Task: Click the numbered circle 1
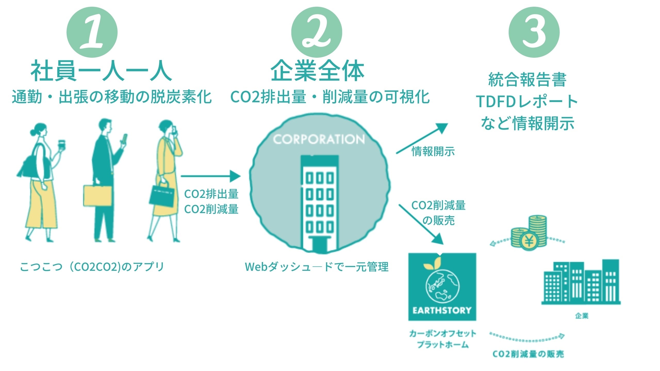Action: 92,32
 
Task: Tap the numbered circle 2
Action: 317,32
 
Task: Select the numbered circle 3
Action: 534,32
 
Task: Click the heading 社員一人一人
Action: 101,71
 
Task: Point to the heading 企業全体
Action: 317,71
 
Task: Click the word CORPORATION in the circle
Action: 319,139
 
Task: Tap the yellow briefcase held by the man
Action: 97,196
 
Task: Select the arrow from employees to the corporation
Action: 210,176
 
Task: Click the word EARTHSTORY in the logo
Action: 442,310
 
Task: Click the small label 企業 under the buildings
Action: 582,316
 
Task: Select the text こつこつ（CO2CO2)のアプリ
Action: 92,267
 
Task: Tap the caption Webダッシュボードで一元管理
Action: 317,267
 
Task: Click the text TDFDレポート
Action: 527,101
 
